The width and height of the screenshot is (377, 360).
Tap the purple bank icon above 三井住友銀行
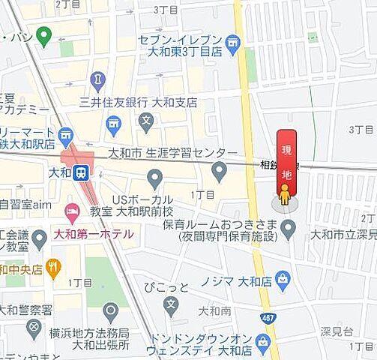97,79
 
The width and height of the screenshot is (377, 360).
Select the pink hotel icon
72,213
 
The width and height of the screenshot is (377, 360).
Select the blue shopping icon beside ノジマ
282,280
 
